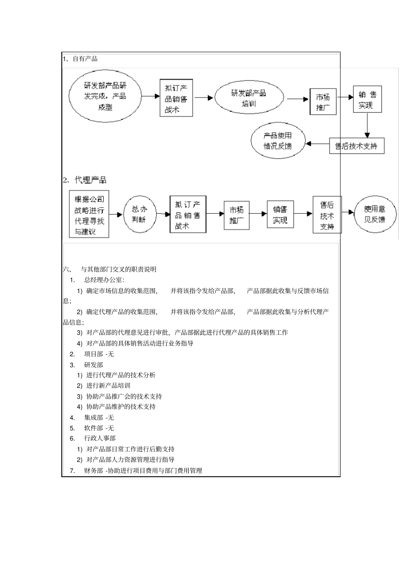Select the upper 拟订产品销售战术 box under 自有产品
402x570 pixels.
176,98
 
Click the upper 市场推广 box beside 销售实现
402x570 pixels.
323,101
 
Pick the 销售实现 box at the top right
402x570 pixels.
367,100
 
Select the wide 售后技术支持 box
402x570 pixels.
356,146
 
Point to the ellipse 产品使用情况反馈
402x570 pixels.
278,141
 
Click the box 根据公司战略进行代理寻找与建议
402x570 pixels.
89,214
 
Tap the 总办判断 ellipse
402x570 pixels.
139,214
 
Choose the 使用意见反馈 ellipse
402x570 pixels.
374,214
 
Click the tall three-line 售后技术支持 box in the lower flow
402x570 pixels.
327,215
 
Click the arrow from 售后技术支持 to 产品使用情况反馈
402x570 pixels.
317,144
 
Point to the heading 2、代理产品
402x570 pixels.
85,180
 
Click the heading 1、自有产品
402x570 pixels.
80,58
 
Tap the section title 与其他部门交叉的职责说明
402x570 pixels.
118,269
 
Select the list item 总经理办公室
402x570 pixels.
104,280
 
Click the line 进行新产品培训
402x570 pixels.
108,386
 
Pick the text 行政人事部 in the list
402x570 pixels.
100,438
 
